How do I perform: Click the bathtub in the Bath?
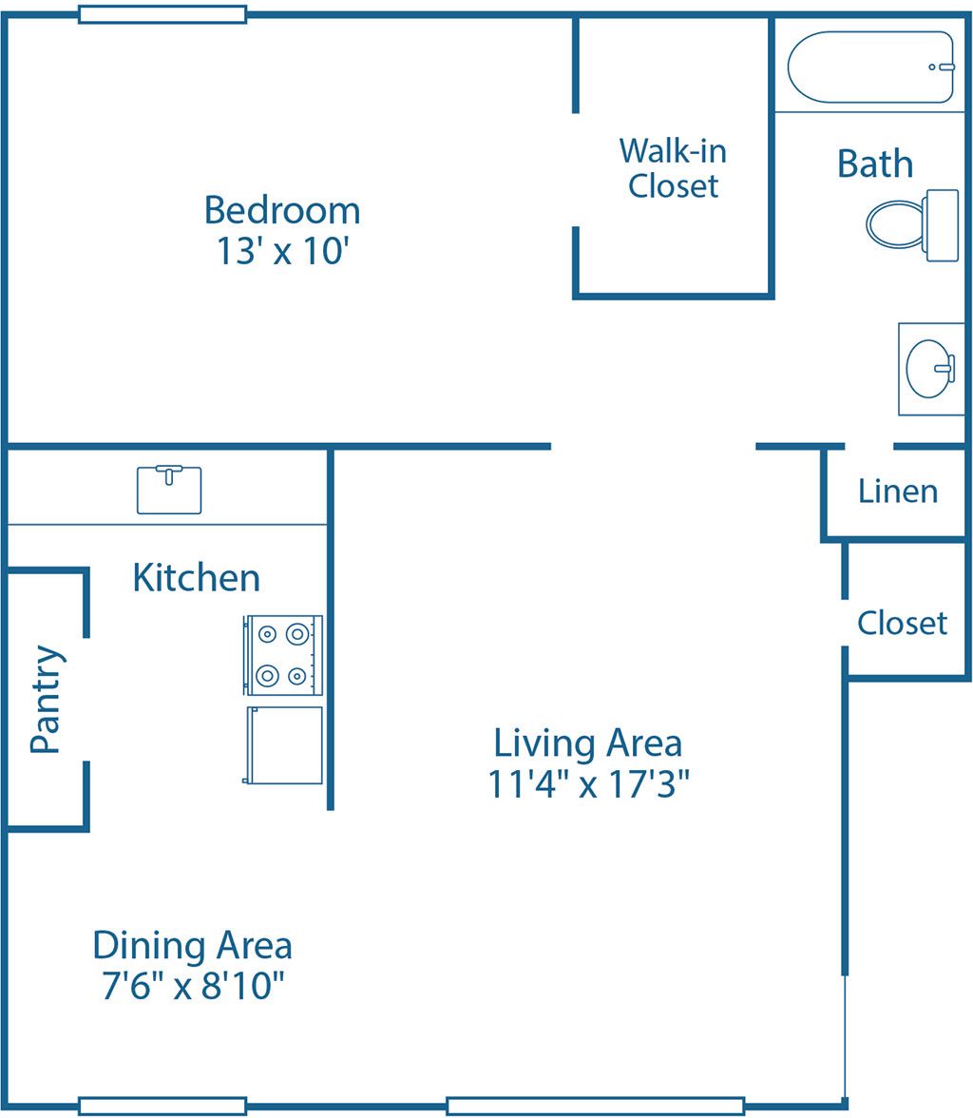[869, 67]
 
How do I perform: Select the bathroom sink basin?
[929, 369]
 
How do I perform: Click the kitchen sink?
[169, 490]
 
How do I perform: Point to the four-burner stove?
[283, 654]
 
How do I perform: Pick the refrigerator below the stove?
[283, 744]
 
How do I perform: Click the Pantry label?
[45, 700]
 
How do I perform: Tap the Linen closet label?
[897, 492]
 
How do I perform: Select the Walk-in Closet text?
[673, 168]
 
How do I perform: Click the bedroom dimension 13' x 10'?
[282, 252]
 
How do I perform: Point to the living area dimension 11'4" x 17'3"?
[587, 785]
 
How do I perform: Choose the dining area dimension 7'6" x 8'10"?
[193, 987]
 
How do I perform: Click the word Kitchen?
[196, 577]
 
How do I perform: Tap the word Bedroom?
[282, 209]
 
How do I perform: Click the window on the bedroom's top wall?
[162, 14]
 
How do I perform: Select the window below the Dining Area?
[162, 1106]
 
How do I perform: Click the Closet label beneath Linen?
[902, 624]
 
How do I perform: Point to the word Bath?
[874, 164]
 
